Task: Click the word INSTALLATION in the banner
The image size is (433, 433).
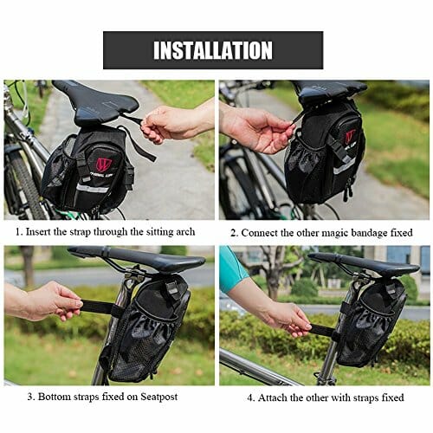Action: click(213, 50)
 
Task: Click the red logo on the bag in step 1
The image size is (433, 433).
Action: click(104, 164)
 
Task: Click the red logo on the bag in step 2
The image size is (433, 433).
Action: click(350, 136)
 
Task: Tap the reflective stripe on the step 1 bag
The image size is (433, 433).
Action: click(93, 189)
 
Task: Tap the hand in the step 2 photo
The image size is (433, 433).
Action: click(255, 130)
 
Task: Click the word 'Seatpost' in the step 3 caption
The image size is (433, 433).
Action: click(159, 397)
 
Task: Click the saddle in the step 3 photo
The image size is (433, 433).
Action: click(136, 258)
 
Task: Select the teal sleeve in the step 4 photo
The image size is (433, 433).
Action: click(232, 269)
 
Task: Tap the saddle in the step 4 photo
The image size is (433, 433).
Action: click(364, 263)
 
